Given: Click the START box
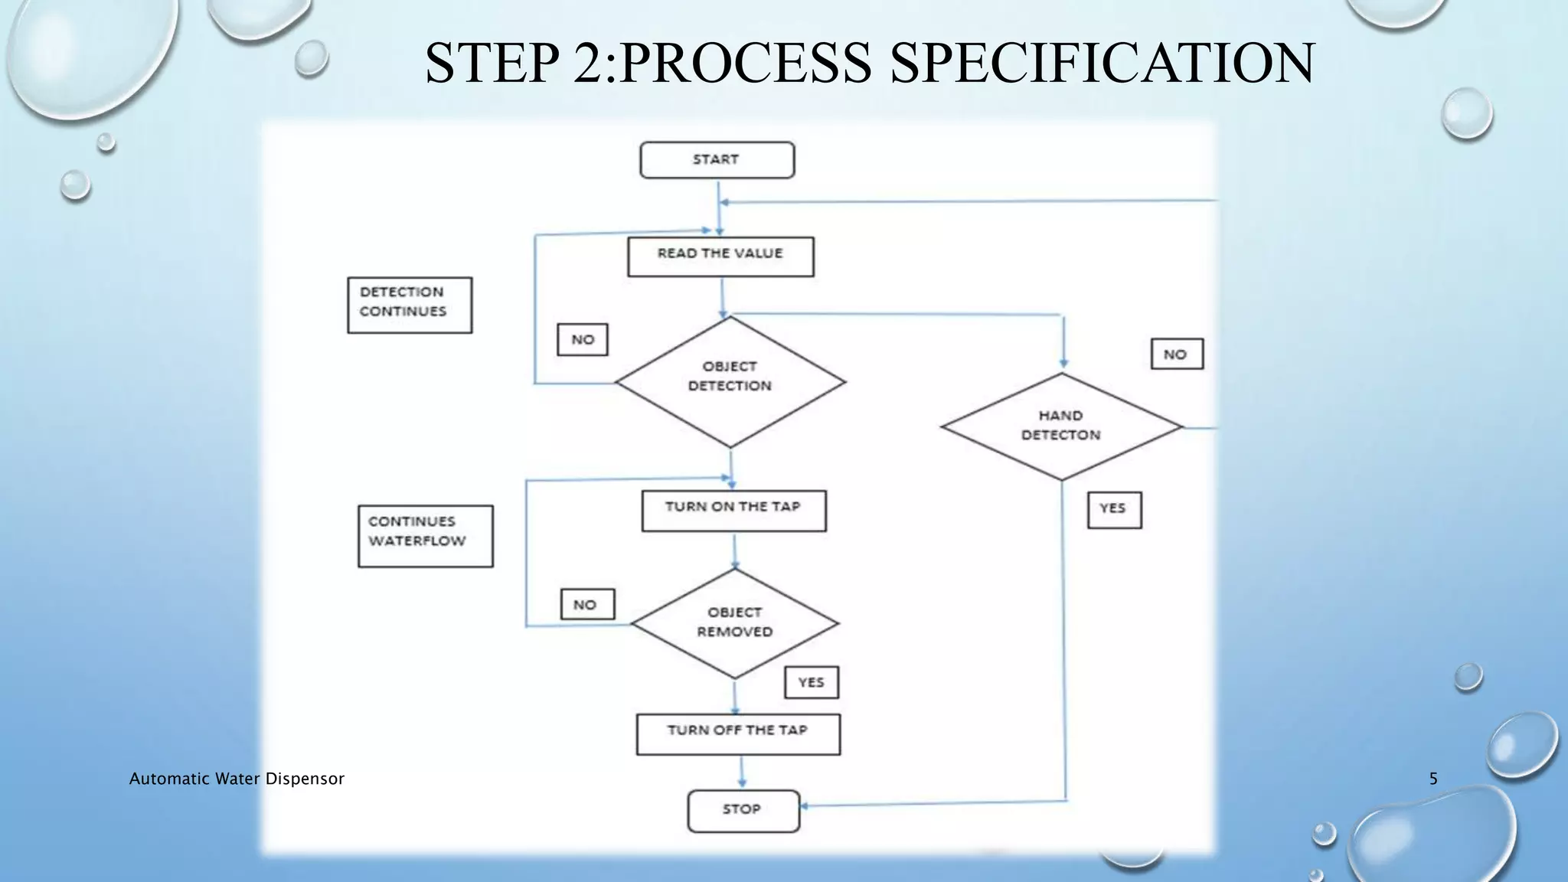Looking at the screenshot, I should [x=717, y=160].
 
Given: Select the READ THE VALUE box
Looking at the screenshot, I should [x=720, y=256].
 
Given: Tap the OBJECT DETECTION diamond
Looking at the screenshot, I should [x=730, y=381].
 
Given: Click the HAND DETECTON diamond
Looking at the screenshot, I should [x=1061, y=426].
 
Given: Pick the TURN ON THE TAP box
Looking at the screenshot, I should [x=733, y=511].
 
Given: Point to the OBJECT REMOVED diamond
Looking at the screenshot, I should [x=734, y=623].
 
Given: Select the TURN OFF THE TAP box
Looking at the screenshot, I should [x=738, y=734].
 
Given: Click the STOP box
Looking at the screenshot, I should [x=743, y=811].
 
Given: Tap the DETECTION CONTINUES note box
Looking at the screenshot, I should [x=410, y=305].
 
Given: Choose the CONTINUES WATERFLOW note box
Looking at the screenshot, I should [x=425, y=536].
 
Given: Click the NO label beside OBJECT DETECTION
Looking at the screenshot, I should [x=583, y=340].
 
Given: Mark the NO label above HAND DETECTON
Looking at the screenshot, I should [x=1176, y=354].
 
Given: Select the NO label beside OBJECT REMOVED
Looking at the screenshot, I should [x=586, y=605].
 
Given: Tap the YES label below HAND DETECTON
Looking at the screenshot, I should [x=1114, y=510].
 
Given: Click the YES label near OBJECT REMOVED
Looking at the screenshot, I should [x=811, y=682].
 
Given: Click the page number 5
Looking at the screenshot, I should [x=1433, y=779].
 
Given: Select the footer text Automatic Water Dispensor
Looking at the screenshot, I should [x=237, y=779].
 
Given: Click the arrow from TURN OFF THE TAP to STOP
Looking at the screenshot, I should [x=741, y=772].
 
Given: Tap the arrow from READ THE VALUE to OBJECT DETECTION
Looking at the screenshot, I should [x=722, y=297].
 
